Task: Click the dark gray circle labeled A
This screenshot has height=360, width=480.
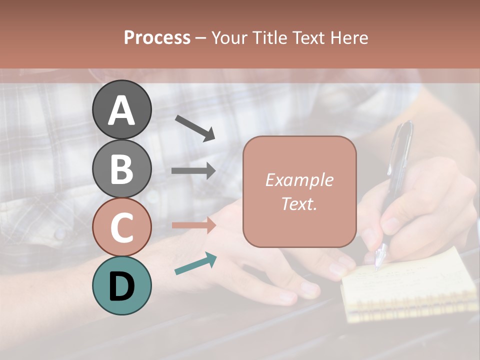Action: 121,109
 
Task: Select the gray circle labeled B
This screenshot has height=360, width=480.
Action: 121,168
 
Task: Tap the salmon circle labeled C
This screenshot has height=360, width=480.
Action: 121,227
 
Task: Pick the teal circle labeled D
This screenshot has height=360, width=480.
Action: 121,285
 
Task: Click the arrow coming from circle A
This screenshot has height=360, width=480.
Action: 195,128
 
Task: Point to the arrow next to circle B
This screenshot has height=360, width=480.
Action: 193,171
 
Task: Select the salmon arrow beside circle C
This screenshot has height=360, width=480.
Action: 193,225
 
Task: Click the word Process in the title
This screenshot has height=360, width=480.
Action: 157,37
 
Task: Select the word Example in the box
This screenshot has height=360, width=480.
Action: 299,180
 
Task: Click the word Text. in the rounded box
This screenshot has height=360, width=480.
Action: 299,203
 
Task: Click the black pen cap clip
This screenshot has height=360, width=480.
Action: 406,140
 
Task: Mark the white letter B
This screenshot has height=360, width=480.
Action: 121,168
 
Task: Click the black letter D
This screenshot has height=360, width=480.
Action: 121,286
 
